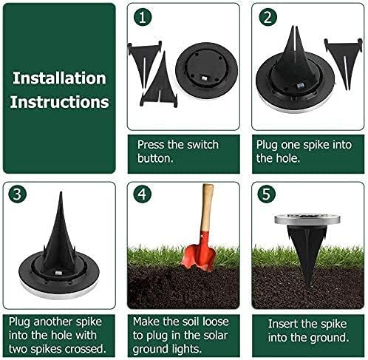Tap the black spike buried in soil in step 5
click(x=305, y=255)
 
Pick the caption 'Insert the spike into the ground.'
click(x=307, y=330)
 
